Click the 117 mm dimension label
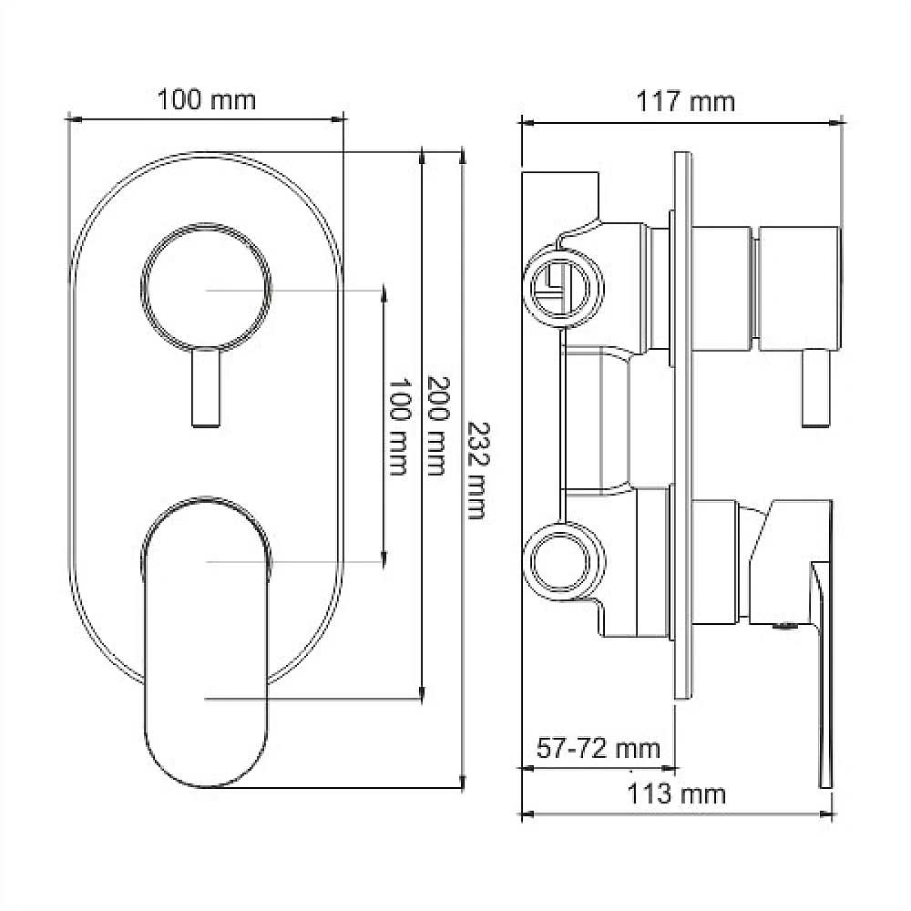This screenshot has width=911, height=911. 686,102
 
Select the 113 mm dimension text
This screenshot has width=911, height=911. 676,794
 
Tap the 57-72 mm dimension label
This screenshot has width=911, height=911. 598,748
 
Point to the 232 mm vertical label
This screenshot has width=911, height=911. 478,470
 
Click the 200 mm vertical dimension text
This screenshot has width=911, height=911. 438,425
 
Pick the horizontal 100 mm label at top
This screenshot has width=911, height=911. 207,100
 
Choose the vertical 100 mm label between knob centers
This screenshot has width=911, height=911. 399,426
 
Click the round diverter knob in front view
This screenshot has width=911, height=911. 206,287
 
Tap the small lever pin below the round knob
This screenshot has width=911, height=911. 206,388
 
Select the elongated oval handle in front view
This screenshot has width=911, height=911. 206,642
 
